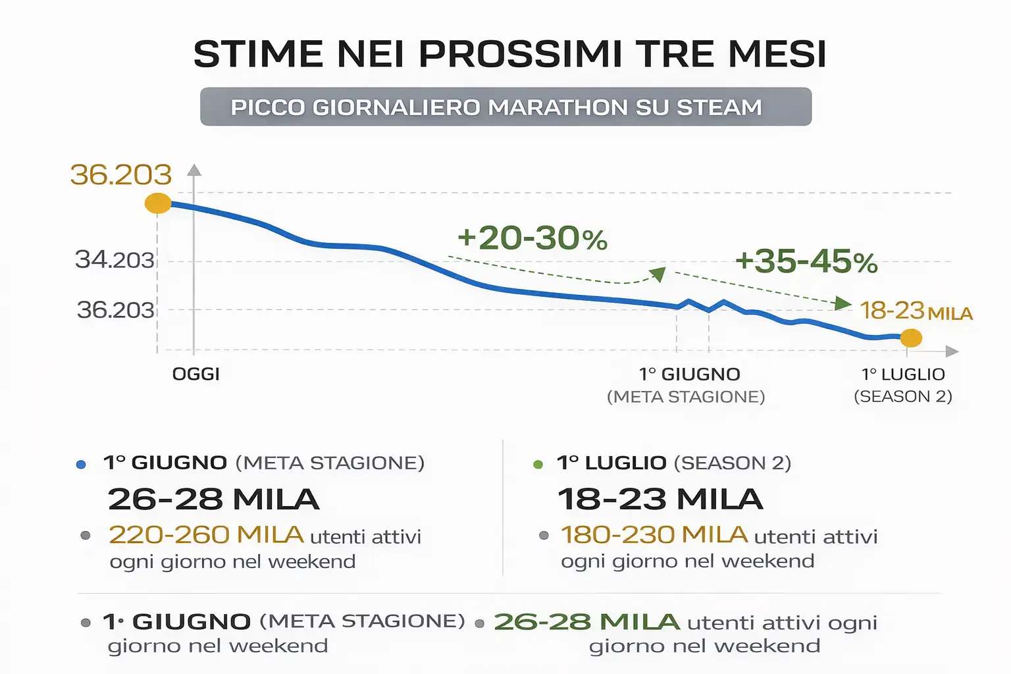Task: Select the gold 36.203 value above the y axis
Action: coord(120,175)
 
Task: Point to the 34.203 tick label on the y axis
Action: coord(115,260)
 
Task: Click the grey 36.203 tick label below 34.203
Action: coord(115,310)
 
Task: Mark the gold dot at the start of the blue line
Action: coord(158,203)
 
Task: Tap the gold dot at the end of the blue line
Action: coord(911,338)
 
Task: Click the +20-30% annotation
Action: coord(532,238)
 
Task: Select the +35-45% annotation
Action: coord(806,262)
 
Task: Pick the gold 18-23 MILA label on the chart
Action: coord(916,311)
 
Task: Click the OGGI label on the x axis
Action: coord(195,375)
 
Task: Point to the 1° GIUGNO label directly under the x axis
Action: coord(689,375)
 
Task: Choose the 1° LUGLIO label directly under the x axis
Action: coord(903,375)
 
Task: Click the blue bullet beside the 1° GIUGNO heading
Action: coord(81,465)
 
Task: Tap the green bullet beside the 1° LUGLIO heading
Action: coord(538,465)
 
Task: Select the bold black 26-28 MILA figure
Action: coord(213,500)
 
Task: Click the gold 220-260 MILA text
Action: coord(206,535)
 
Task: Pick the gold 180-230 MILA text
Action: coord(654,535)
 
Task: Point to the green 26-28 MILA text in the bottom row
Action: coord(586,622)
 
